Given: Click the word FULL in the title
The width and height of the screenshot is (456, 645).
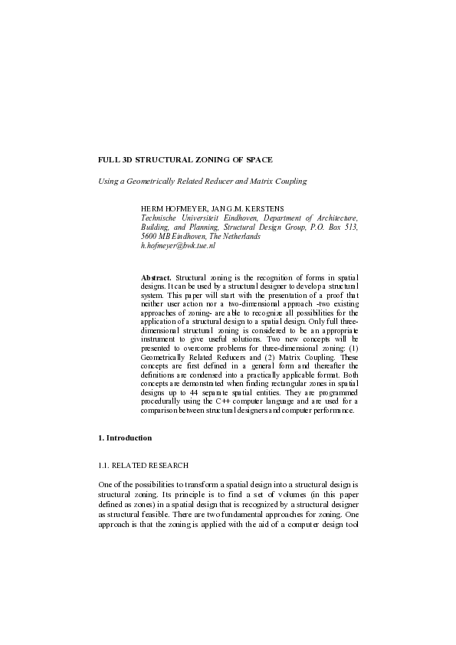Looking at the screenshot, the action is tap(109, 159).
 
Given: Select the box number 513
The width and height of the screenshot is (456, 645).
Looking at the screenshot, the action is tap(349, 228).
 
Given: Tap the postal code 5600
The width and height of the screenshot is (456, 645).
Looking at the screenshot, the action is tap(149, 237).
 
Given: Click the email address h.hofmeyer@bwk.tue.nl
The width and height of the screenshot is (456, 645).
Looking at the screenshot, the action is tap(179, 246).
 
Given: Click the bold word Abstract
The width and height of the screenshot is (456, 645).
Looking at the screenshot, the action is tap(157, 276).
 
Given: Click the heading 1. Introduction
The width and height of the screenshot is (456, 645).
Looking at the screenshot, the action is tap(125, 437).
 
